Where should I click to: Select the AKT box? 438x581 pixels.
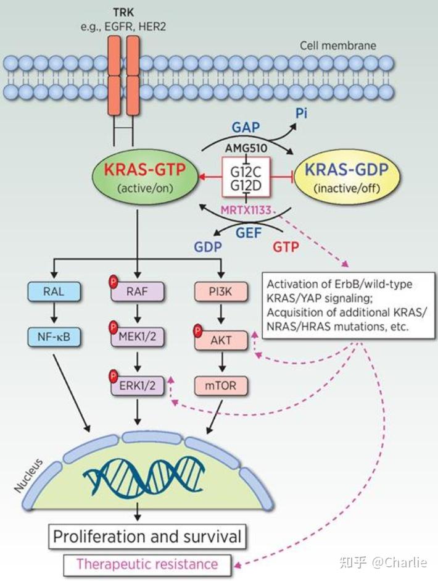(x=220, y=340)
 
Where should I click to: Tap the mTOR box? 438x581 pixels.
(x=220, y=387)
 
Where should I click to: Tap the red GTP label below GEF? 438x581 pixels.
(x=286, y=247)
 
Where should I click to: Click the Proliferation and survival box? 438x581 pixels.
(x=147, y=535)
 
